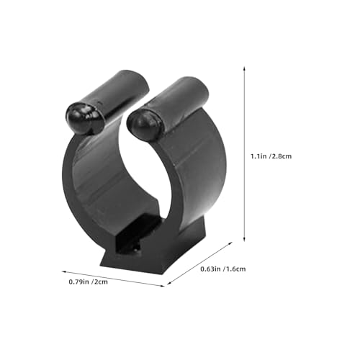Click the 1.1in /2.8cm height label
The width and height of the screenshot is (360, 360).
pyautogui.click(x=271, y=156)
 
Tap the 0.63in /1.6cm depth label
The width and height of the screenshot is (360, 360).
pyautogui.click(x=223, y=269)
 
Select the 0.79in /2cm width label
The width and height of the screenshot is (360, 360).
pyautogui.click(x=88, y=282)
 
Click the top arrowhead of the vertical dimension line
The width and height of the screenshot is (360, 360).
pyautogui.click(x=244, y=68)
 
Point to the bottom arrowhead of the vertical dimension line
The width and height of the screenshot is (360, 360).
pyautogui.click(x=244, y=239)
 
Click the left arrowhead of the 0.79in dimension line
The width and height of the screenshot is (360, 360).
pyautogui.click(x=64, y=271)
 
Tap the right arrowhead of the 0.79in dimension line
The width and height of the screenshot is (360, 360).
pyautogui.click(x=163, y=285)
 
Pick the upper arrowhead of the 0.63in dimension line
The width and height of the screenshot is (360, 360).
pyautogui.click(x=230, y=243)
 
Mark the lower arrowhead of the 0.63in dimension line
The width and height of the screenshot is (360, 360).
pyautogui.click(x=168, y=283)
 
